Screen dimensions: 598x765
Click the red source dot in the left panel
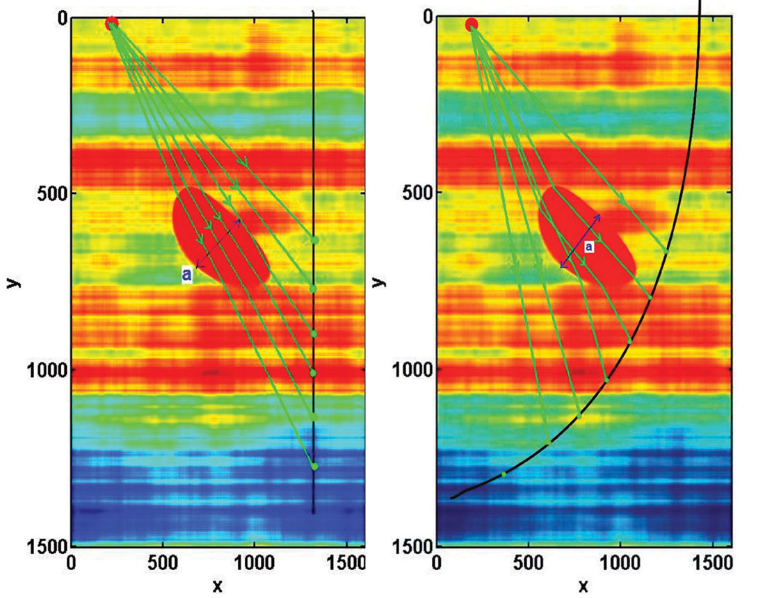(x=111, y=24)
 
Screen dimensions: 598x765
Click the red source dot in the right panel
(x=472, y=25)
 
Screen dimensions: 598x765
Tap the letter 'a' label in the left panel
(x=186, y=275)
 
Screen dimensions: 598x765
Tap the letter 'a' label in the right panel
(x=588, y=246)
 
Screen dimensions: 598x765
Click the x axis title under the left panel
(x=217, y=585)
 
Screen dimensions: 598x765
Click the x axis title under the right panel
(x=583, y=585)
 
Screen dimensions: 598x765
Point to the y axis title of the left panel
(x=13, y=281)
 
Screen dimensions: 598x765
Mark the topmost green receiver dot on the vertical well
(x=314, y=240)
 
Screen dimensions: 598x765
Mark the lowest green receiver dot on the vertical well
(x=314, y=467)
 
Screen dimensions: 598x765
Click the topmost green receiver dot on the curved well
(x=666, y=250)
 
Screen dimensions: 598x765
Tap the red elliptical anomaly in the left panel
(x=219, y=236)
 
